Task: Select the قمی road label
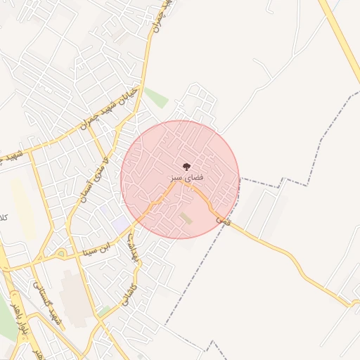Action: click(223, 221)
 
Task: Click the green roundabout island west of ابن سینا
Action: click(62, 253)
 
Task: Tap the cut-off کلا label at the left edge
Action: click(4, 219)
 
